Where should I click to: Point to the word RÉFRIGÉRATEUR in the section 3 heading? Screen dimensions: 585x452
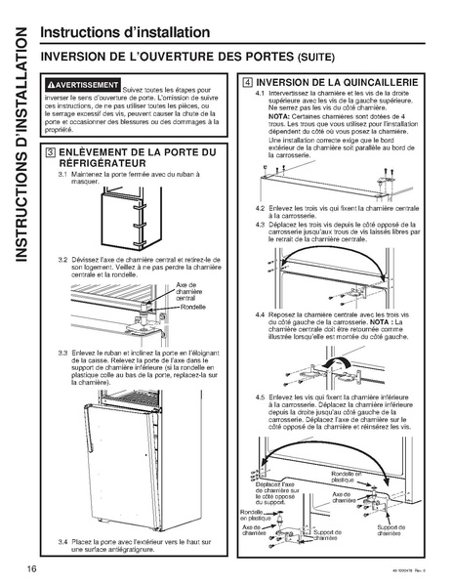(x=107, y=165)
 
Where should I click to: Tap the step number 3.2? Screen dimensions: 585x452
(x=62, y=258)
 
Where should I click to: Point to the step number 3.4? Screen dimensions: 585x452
(x=62, y=540)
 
